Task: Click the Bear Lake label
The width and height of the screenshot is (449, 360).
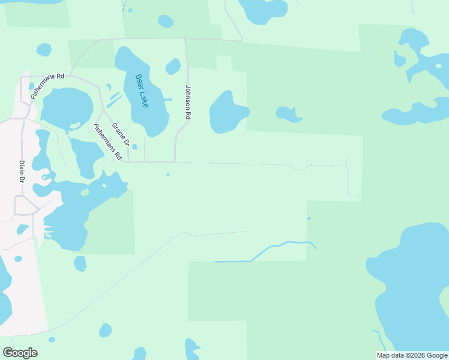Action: click(x=142, y=91)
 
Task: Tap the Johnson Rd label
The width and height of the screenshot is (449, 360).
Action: click(x=188, y=102)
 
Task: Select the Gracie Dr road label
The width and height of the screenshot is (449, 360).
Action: click(x=121, y=135)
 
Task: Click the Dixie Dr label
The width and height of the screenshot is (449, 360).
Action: click(x=22, y=172)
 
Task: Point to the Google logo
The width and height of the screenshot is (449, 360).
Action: click(x=20, y=353)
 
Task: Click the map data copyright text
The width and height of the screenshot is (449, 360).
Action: click(x=412, y=355)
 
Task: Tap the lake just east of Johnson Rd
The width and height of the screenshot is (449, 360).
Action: click(x=227, y=112)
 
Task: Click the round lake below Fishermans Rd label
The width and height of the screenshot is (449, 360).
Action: click(x=65, y=109)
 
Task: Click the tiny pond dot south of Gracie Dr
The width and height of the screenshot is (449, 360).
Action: click(x=168, y=175)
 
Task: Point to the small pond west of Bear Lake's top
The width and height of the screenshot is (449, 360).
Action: click(x=44, y=49)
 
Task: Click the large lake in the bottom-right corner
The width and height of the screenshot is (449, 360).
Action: click(x=414, y=282)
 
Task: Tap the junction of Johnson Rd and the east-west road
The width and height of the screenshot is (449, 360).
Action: click(x=175, y=162)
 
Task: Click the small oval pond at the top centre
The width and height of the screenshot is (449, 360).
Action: click(x=166, y=22)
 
